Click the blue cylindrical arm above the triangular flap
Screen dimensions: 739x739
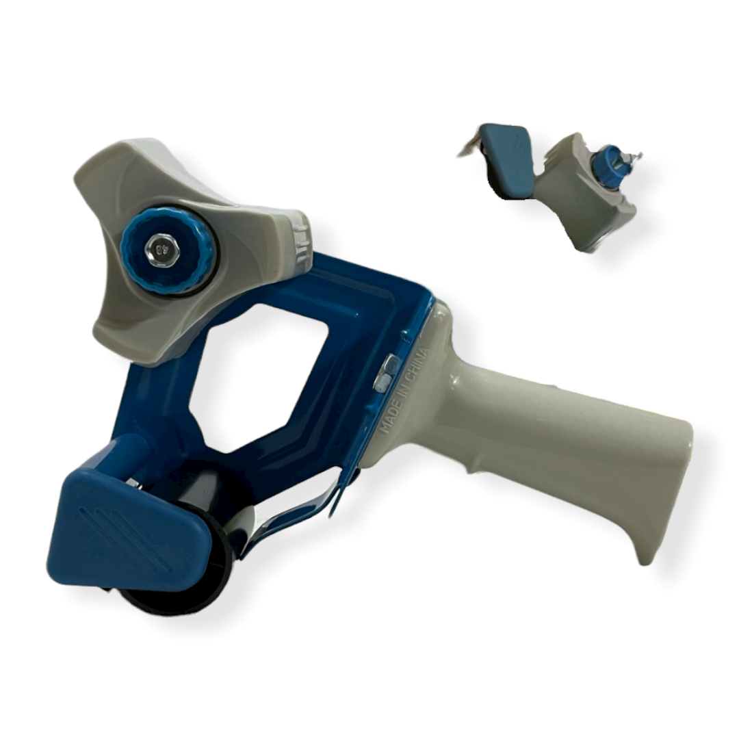[x=130, y=452]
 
